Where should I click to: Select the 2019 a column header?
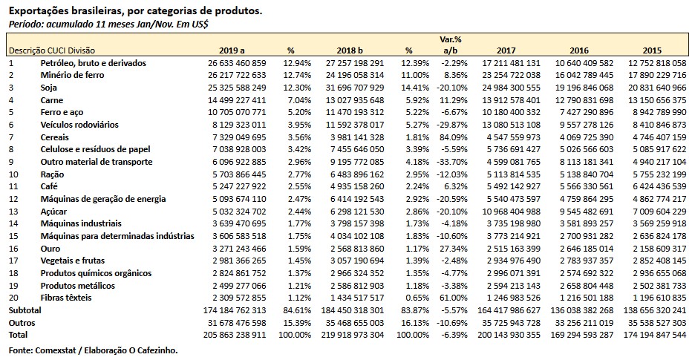click(232, 50)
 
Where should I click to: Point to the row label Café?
click(50, 186)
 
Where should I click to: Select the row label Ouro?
click(50, 249)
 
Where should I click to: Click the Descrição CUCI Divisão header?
click(53, 50)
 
